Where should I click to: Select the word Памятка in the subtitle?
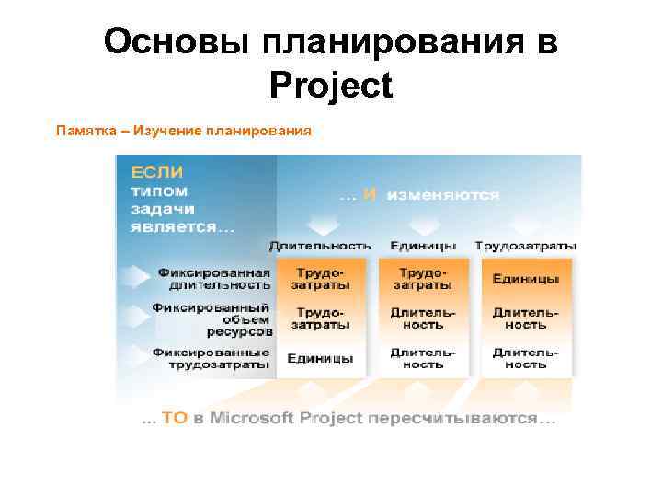[86, 131]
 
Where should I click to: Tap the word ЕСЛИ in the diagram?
[156, 172]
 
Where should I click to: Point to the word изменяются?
[443, 195]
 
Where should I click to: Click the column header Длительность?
[320, 246]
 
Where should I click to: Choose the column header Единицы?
[422, 246]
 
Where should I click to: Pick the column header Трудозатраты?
[525, 246]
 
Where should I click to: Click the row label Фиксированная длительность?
[213, 279]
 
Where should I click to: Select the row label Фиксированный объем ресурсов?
[213, 318]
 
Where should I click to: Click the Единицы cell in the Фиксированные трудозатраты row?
[320, 359]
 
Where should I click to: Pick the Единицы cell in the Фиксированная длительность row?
[525, 279]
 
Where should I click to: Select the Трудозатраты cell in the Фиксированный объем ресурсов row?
[320, 318]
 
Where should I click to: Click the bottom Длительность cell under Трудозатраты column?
[525, 358]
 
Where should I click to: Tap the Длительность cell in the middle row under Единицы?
[422, 318]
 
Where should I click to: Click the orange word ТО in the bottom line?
[175, 418]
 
